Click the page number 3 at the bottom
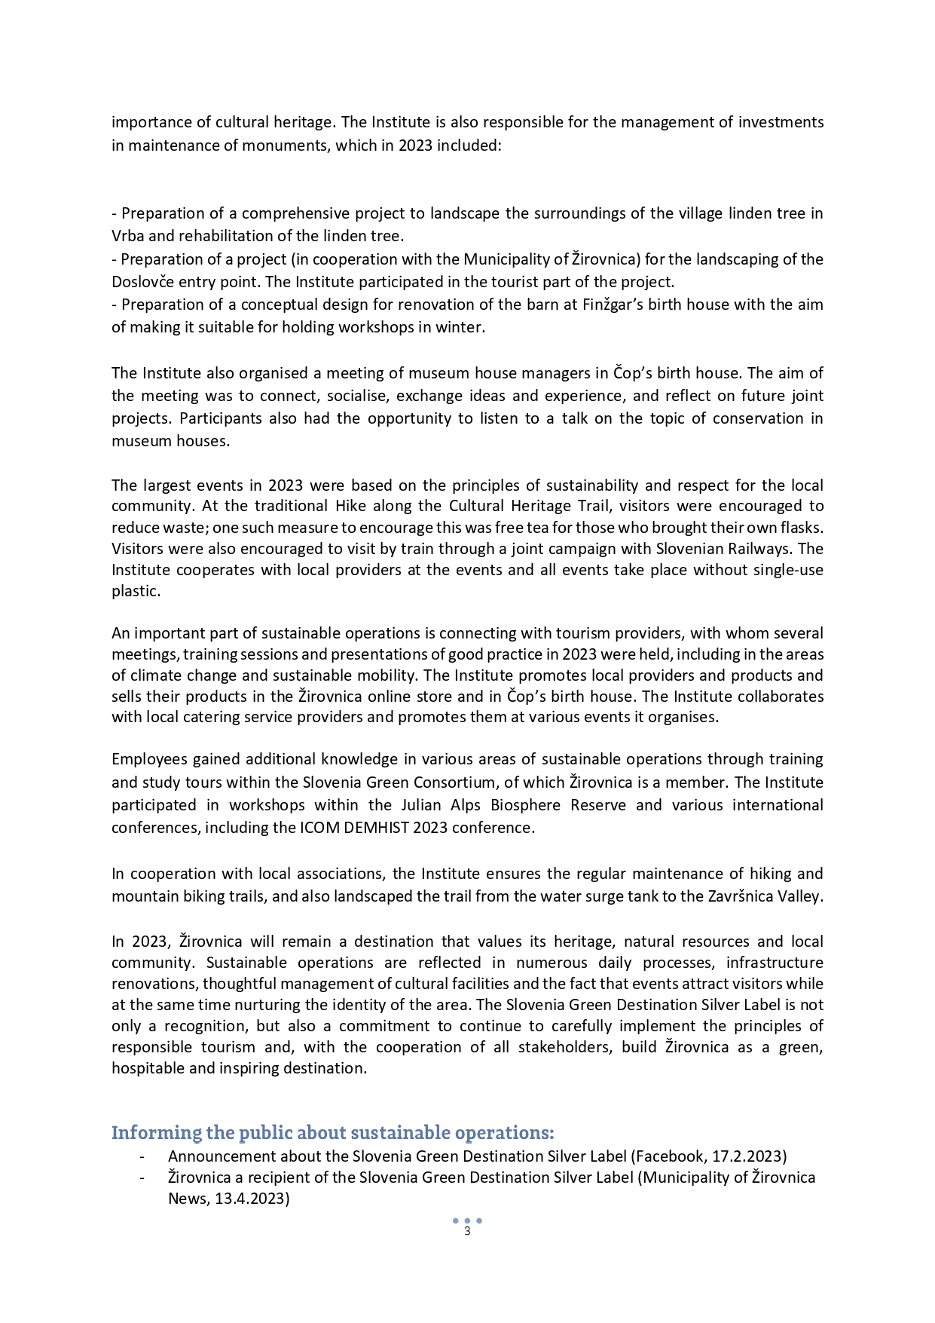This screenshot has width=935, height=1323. [x=467, y=1231]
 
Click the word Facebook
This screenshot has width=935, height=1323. [x=670, y=1156]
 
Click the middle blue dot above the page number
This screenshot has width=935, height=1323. [x=467, y=1220]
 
